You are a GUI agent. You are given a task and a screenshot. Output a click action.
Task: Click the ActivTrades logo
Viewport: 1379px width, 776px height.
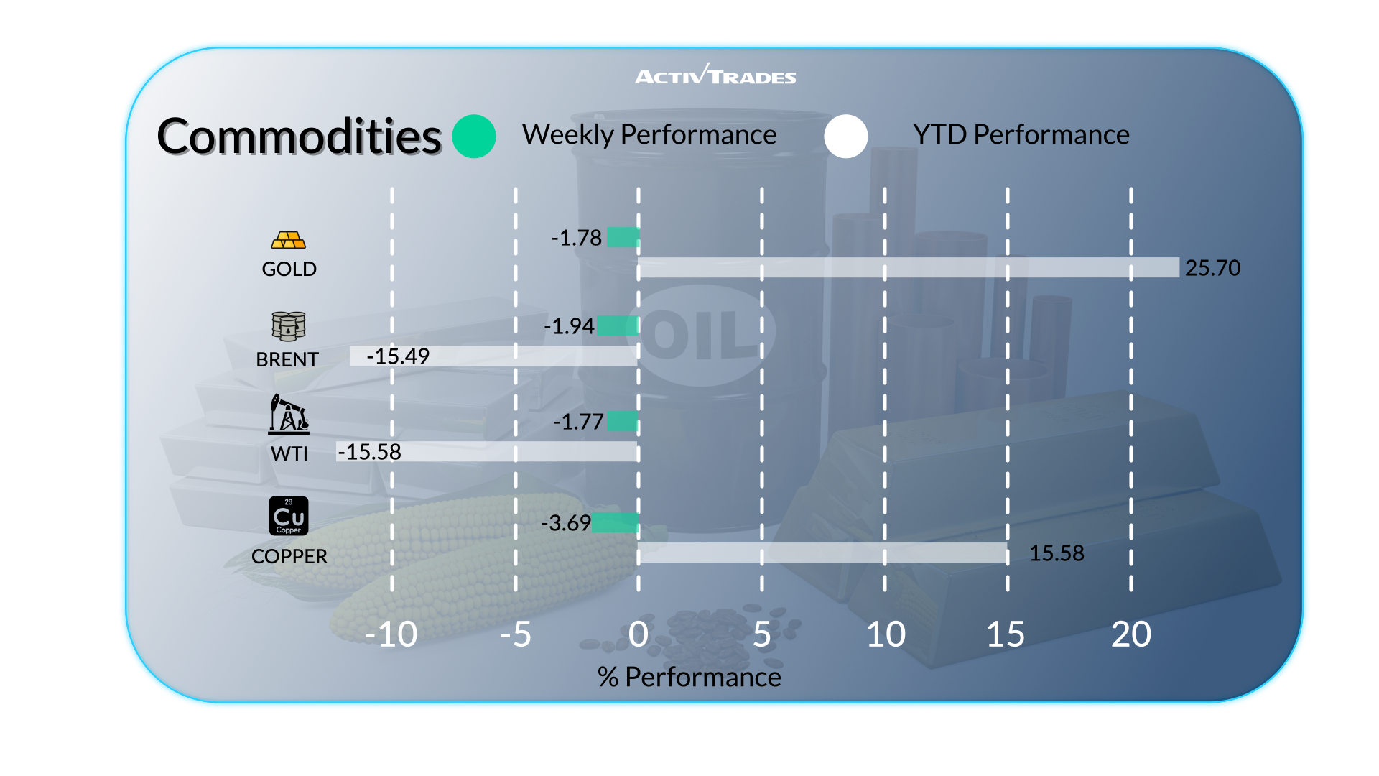(715, 75)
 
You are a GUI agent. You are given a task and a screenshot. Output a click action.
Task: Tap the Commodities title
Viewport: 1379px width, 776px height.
(299, 137)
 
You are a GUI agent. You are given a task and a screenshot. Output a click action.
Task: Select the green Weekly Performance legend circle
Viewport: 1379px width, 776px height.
(474, 137)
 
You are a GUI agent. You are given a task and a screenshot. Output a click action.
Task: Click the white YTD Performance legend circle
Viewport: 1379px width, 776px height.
(846, 137)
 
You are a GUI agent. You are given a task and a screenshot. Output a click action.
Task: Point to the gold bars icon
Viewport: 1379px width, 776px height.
(289, 240)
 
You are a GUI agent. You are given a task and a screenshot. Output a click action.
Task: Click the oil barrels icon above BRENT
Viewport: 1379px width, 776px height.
(289, 326)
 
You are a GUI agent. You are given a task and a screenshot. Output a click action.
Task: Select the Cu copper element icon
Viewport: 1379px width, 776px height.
(289, 516)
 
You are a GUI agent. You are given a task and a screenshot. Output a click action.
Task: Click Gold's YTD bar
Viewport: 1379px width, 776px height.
(909, 267)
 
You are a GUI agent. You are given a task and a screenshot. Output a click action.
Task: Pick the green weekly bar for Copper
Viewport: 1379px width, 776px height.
(616, 522)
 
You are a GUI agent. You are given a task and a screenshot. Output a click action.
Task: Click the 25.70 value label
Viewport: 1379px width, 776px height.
(1212, 268)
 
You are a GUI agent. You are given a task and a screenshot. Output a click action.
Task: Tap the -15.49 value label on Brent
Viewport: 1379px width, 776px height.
(398, 356)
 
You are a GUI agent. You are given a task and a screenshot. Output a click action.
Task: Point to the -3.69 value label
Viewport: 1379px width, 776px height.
(566, 523)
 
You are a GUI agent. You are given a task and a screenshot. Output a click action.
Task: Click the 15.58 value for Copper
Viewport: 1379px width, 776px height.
(1057, 553)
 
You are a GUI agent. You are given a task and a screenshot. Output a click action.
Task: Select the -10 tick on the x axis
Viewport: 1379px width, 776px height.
(391, 634)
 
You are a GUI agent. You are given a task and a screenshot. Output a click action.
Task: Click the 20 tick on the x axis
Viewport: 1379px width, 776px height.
(1131, 634)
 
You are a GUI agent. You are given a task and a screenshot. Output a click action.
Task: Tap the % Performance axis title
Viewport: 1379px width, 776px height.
(689, 677)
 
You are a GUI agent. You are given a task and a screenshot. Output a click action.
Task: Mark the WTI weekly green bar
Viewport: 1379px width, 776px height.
(623, 421)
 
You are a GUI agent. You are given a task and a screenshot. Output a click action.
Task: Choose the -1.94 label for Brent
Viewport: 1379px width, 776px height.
(569, 326)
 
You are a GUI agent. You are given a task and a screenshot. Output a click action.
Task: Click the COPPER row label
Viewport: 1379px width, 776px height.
(289, 556)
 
